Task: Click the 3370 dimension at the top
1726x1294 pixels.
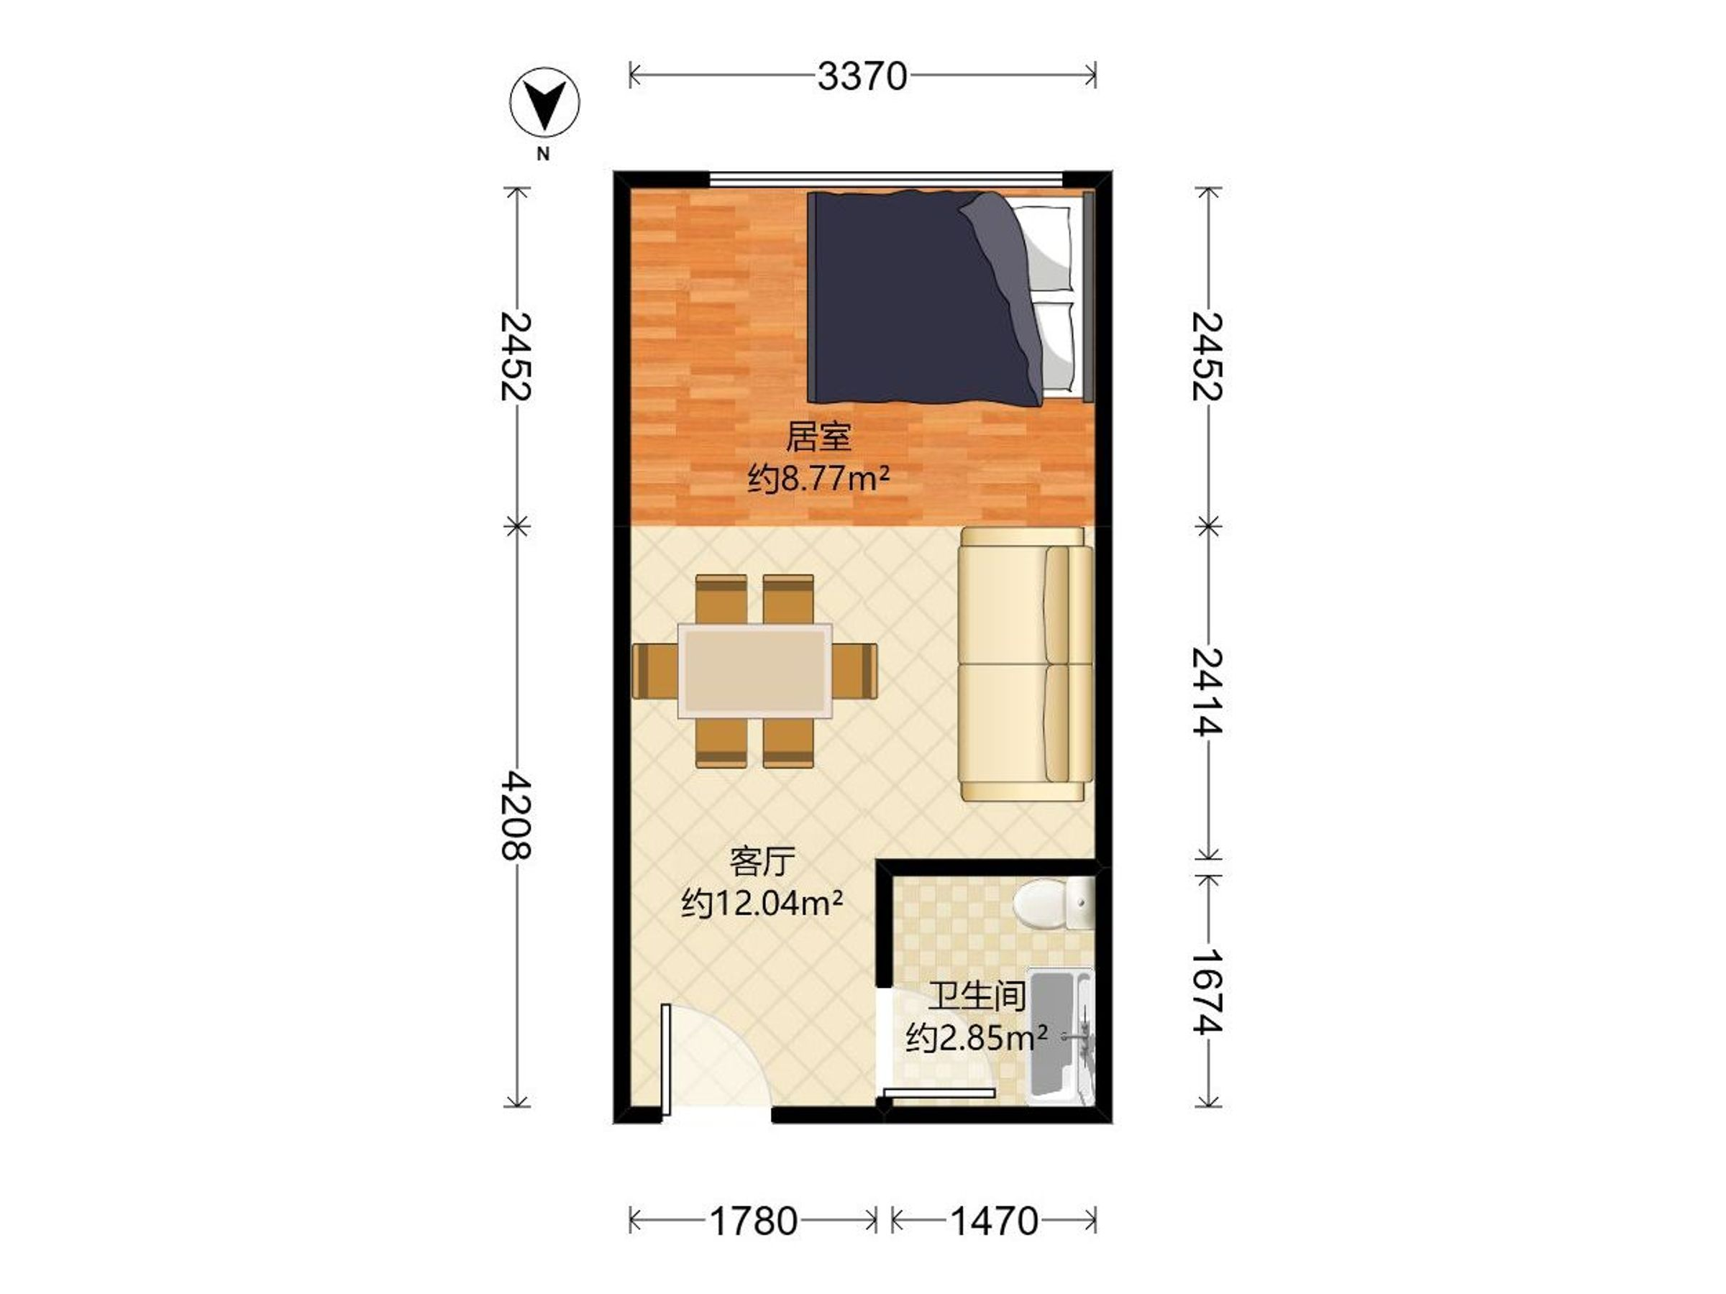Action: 862,76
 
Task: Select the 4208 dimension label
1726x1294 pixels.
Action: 516,815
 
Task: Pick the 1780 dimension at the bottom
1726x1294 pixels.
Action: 753,1221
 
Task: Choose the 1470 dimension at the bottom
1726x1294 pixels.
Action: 994,1221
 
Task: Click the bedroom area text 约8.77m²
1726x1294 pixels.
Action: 818,478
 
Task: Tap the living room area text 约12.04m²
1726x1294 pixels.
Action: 762,903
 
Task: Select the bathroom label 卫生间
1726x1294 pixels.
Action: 976,996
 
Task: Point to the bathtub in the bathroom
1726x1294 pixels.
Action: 1061,1037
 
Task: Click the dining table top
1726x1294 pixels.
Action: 754,671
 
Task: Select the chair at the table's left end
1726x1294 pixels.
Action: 655,671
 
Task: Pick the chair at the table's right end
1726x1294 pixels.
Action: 854,671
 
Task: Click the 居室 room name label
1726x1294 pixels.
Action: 818,437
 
